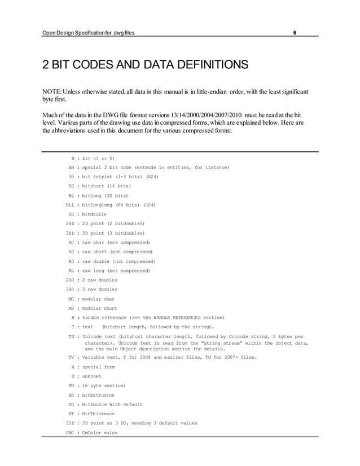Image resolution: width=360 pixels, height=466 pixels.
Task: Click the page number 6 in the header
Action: click(295, 32)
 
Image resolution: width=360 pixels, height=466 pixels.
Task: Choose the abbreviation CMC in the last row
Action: click(70, 433)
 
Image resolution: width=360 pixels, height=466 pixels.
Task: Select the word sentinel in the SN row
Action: click(113, 385)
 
